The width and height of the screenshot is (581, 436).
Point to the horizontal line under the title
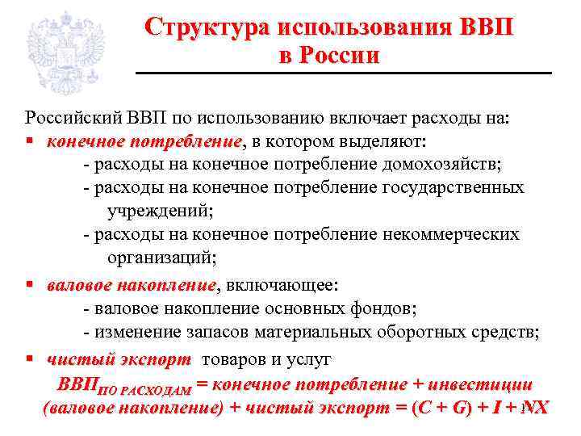tap(342, 73)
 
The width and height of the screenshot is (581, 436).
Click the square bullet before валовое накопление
tap(28, 286)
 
